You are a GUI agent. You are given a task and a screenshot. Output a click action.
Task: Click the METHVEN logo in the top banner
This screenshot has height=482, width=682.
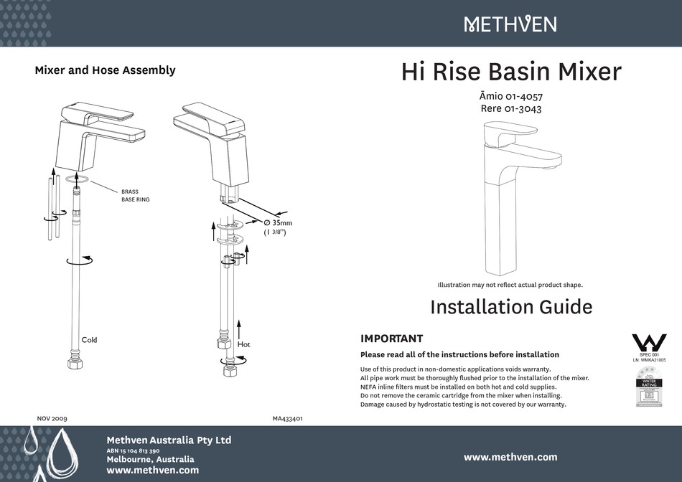tap(510, 24)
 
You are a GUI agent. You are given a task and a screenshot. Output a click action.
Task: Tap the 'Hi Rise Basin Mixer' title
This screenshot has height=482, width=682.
tap(510, 72)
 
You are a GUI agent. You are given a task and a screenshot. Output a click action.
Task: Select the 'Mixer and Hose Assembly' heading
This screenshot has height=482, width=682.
tap(105, 70)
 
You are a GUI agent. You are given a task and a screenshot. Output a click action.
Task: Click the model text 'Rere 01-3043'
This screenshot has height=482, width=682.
tap(510, 110)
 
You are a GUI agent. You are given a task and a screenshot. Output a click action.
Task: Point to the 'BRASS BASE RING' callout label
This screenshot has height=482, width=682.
tap(136, 195)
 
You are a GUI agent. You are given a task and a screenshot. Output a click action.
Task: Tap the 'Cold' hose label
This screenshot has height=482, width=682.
tap(89, 339)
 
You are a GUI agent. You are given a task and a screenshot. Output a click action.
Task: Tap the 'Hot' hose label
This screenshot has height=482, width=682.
tap(243, 344)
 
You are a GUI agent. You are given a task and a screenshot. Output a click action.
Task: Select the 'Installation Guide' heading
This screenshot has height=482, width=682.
tap(510, 307)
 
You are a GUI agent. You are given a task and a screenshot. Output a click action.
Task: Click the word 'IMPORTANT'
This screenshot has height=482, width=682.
tap(391, 339)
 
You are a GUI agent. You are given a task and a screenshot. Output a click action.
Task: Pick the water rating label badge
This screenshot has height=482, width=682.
tap(648, 388)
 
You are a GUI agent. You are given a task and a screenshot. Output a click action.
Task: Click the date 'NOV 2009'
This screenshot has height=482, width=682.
tap(52, 417)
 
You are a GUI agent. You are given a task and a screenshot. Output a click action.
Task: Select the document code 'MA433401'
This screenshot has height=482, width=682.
tap(287, 417)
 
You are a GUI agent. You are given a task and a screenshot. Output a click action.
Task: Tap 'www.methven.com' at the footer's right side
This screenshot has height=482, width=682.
tap(510, 457)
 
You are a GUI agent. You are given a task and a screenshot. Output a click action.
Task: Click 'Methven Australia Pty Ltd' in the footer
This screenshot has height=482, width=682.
tap(169, 440)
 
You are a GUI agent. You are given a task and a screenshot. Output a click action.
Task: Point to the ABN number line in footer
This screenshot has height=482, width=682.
tap(133, 450)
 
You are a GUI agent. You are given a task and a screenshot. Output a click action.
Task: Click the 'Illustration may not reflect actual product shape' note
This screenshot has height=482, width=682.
tap(510, 285)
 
